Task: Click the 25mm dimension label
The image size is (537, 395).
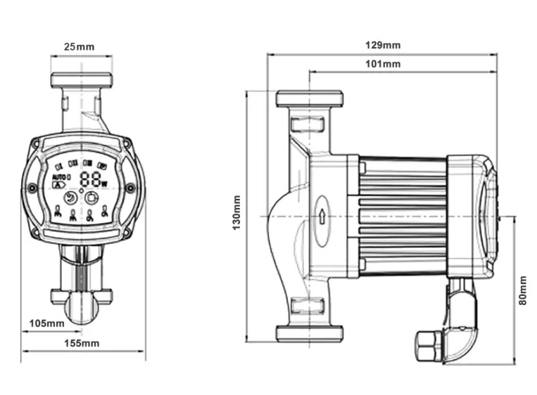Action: point(80,48)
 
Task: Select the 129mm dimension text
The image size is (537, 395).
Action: point(383,45)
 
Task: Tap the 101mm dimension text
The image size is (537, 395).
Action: point(383,64)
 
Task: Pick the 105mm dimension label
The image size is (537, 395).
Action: point(47,323)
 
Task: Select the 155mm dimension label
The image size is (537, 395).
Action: point(82,343)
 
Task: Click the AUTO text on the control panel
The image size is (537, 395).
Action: point(59,177)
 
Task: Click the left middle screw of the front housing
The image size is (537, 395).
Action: point(32,188)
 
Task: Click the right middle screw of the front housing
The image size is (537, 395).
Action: point(130,187)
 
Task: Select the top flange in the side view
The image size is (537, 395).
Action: point(309,98)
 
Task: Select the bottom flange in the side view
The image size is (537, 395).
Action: point(309,333)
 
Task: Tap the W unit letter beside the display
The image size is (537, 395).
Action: point(105,184)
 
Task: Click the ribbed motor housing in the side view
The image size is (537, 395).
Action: point(402,215)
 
